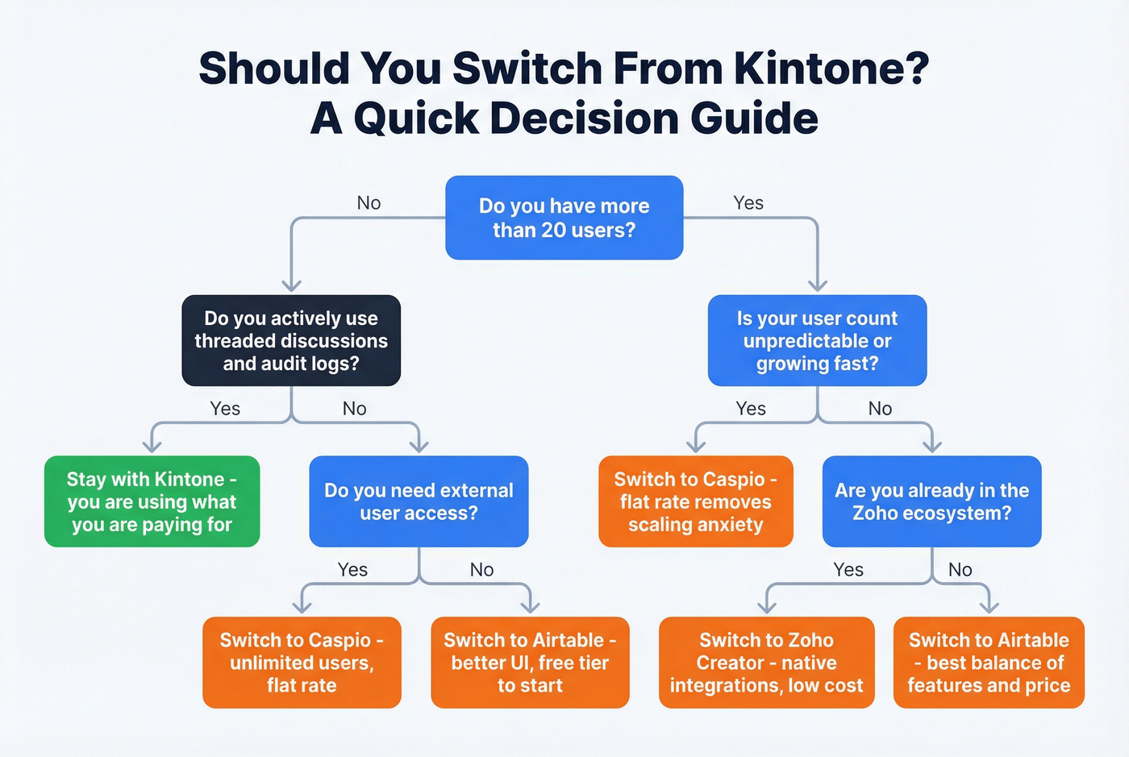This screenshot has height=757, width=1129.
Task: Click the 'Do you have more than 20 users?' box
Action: point(564,218)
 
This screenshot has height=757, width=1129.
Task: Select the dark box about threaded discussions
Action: point(291,340)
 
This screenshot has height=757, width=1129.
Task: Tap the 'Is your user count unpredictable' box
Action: point(817,340)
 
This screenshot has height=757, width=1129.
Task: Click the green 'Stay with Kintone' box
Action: point(152,501)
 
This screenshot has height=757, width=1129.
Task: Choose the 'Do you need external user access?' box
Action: point(419,501)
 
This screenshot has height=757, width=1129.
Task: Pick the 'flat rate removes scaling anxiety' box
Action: point(695,501)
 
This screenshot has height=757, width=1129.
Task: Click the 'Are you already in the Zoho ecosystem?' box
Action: point(931,501)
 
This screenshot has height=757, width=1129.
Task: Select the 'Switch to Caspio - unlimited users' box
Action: point(302,662)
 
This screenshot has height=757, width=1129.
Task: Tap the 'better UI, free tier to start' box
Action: point(530,662)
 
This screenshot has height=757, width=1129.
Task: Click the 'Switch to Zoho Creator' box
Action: point(766,662)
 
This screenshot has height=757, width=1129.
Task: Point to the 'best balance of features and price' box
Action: point(989,662)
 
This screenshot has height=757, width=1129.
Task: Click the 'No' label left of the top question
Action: point(369,203)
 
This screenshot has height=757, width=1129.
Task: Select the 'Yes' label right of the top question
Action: point(748,203)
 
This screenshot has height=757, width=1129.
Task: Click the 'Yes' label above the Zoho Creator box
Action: point(848,570)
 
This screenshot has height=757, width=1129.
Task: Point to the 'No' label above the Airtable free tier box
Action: point(481,570)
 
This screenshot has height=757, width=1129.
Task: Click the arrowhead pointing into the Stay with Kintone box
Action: point(152,446)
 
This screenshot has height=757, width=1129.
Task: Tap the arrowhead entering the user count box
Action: point(818,285)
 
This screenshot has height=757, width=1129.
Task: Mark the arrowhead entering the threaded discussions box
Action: point(291,285)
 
